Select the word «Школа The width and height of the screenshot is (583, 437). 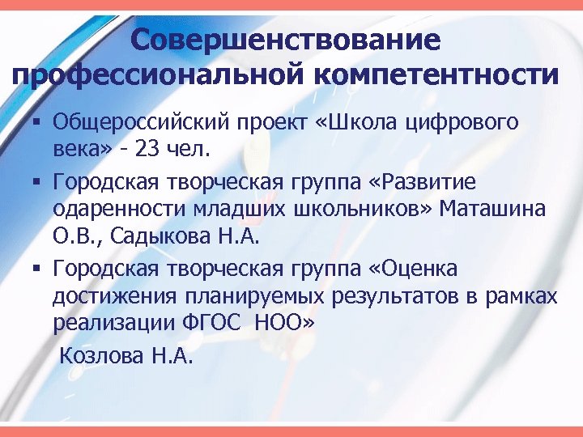pos(364,123)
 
